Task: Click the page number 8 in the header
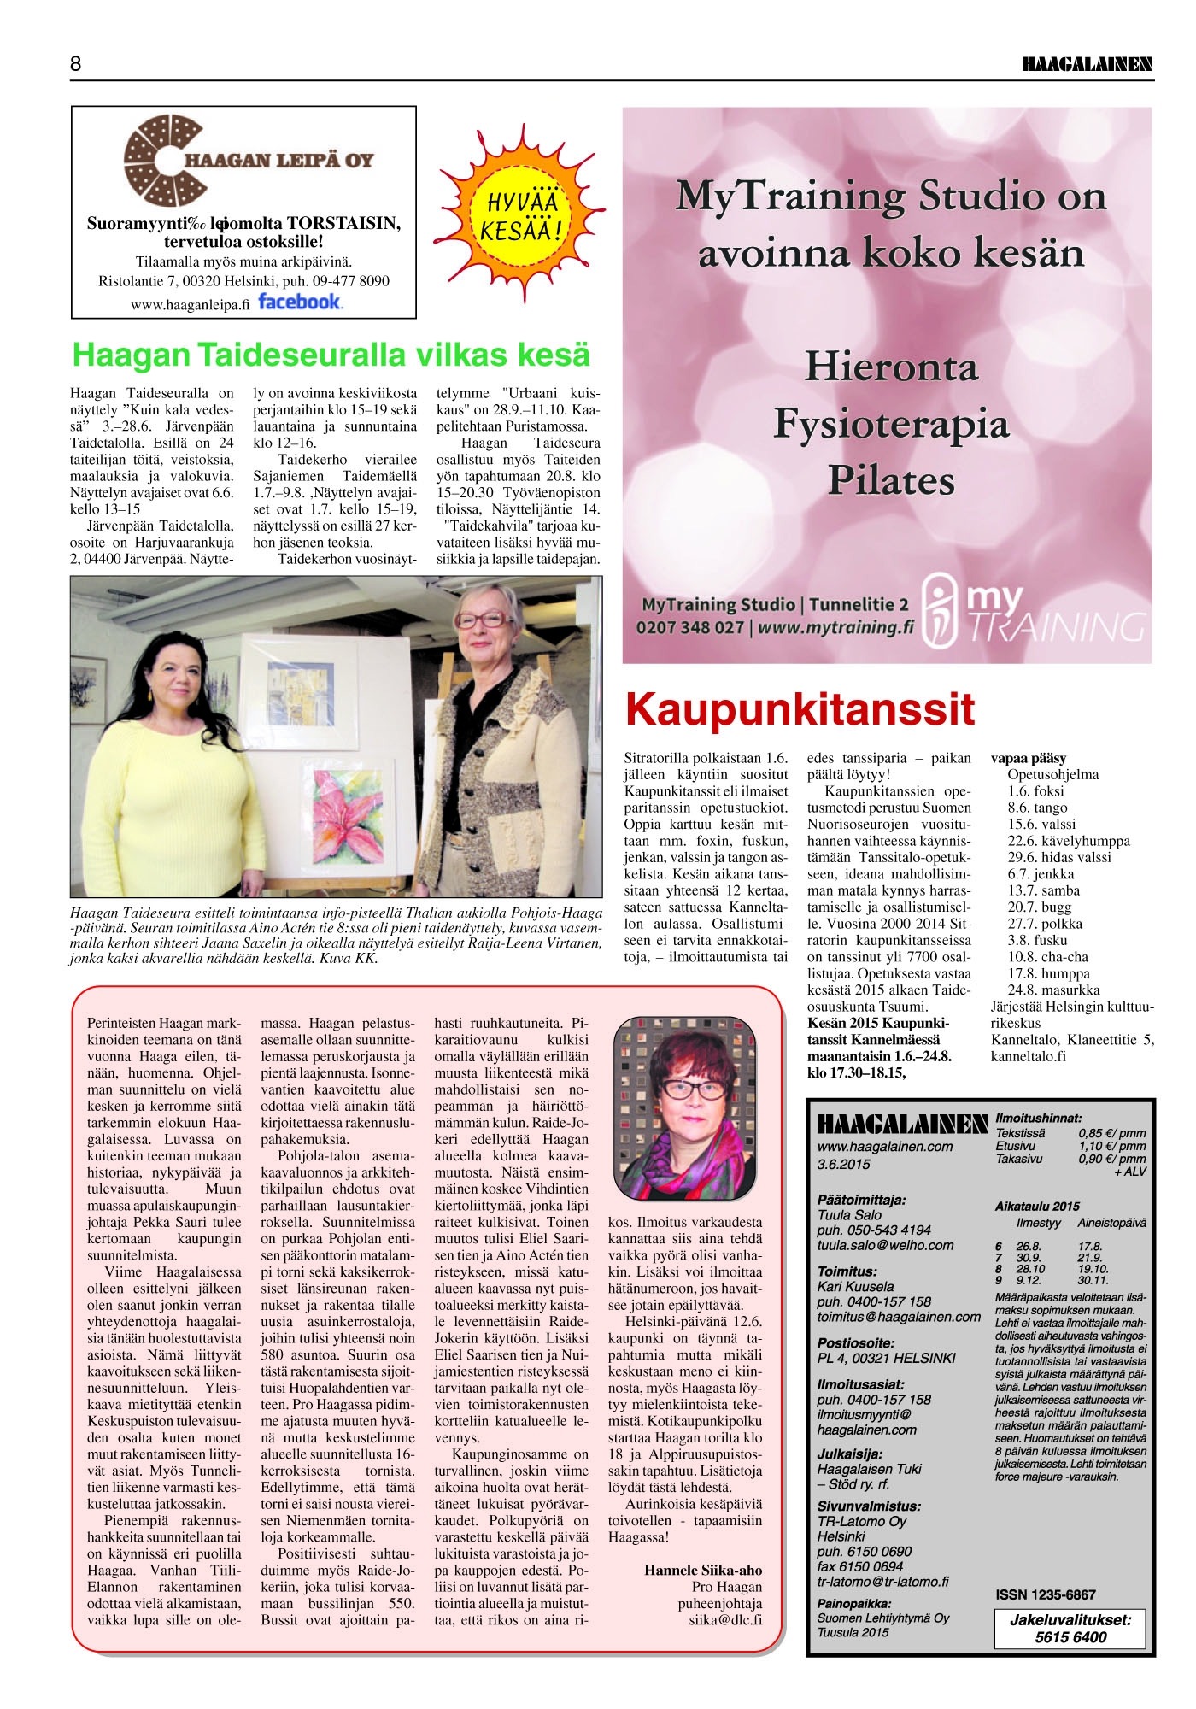(76, 64)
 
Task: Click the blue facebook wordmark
(299, 302)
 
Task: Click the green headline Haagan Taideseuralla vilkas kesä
(331, 355)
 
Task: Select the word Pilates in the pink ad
(891, 480)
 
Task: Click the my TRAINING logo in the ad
(1034, 609)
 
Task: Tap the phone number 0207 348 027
(689, 628)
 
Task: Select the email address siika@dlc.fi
(725, 1619)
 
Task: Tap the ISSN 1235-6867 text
(1045, 1594)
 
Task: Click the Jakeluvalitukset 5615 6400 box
(1070, 1628)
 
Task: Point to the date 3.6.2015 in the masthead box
(843, 1164)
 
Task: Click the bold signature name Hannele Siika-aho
(702, 1570)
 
